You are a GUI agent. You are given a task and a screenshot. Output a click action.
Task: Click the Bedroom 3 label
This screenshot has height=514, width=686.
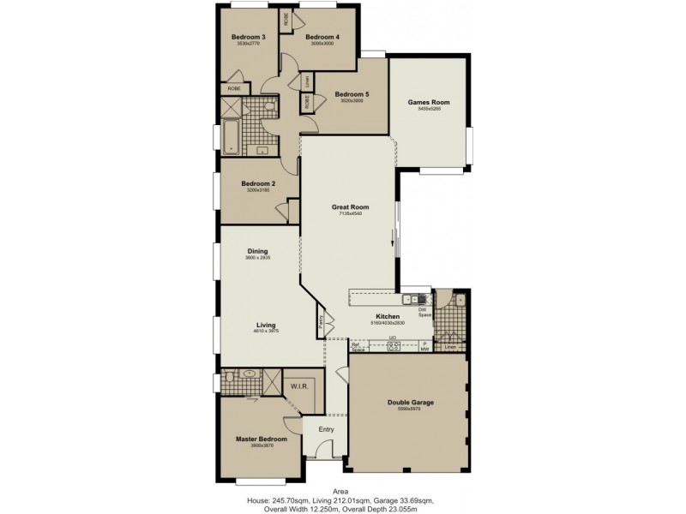coord(248,37)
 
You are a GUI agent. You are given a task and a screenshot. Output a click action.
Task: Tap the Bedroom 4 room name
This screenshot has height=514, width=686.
coord(322,37)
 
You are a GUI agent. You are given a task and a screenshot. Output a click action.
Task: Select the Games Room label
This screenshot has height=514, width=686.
coord(429,102)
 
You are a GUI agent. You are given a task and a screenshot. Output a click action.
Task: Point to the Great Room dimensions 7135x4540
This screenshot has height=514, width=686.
coord(350,214)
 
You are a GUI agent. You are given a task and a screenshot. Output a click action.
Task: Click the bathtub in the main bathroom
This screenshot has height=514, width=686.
coord(230,135)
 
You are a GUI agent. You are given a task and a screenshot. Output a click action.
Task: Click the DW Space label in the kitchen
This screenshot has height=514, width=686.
coord(424,312)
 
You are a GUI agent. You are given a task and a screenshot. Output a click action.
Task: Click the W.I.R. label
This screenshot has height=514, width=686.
coord(299,385)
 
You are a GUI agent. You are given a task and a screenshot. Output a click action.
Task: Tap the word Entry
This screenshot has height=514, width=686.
coord(326,429)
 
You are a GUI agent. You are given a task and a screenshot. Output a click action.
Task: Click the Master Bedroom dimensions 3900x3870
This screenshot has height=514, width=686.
coord(261,446)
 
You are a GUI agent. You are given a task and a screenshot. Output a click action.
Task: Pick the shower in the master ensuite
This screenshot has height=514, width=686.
coord(272,380)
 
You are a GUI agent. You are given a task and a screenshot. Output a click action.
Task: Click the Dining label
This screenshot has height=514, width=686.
coord(257,251)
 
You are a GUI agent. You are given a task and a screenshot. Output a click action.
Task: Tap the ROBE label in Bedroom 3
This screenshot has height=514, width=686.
coord(233,88)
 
